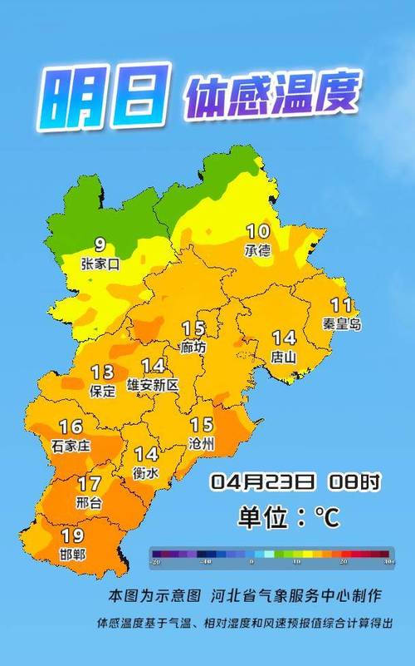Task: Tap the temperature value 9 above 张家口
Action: tap(100, 245)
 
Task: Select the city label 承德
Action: tap(257, 250)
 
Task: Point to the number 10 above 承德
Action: tap(257, 231)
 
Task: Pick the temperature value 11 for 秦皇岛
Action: tap(341, 305)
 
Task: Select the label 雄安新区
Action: tap(152, 386)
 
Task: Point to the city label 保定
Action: tap(102, 391)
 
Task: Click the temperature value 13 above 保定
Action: tap(103, 372)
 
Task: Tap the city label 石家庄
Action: tap(71, 446)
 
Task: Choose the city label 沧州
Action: tap(202, 445)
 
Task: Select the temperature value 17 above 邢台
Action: tap(89, 483)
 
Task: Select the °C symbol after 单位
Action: tap(325, 519)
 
